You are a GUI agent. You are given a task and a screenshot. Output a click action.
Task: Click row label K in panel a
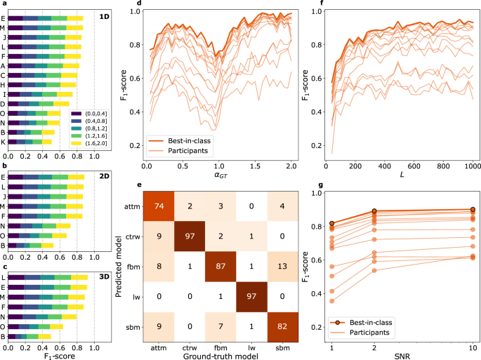click(x=5, y=141)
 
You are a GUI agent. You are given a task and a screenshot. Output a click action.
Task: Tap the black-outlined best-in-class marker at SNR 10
click(x=471, y=210)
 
